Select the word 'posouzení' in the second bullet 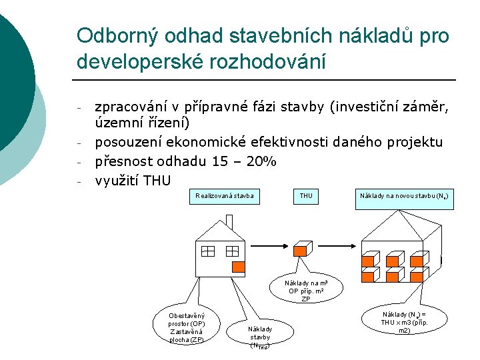pyautogui.click(x=129, y=142)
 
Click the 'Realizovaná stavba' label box pyautogui.click(x=225, y=196)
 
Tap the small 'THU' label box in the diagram pyautogui.click(x=306, y=196)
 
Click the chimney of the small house pyautogui.click(x=199, y=227)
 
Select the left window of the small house pyautogui.click(x=207, y=251)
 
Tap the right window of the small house pyautogui.click(x=231, y=251)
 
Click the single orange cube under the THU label pyautogui.click(x=301, y=250)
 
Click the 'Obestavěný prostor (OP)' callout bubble pyautogui.click(x=187, y=327)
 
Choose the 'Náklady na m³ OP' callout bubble pyautogui.click(x=306, y=291)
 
